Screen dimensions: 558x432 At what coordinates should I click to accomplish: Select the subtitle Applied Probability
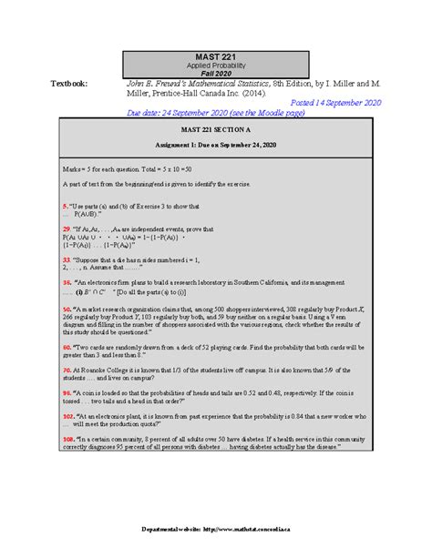tap(216, 68)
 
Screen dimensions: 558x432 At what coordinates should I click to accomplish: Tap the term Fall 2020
tap(216, 76)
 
